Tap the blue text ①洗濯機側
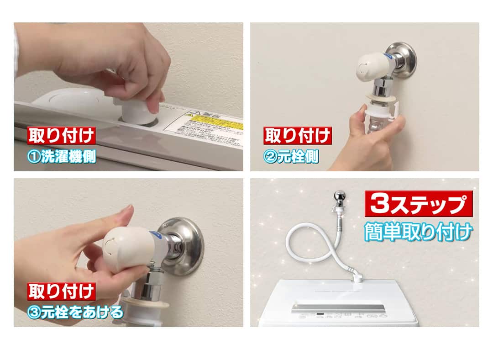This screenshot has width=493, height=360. click(x=62, y=157)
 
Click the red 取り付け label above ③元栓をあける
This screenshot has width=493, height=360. click(x=62, y=291)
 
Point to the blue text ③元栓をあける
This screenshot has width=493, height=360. click(x=75, y=312)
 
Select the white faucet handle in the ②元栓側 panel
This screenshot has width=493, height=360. click(x=370, y=68)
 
